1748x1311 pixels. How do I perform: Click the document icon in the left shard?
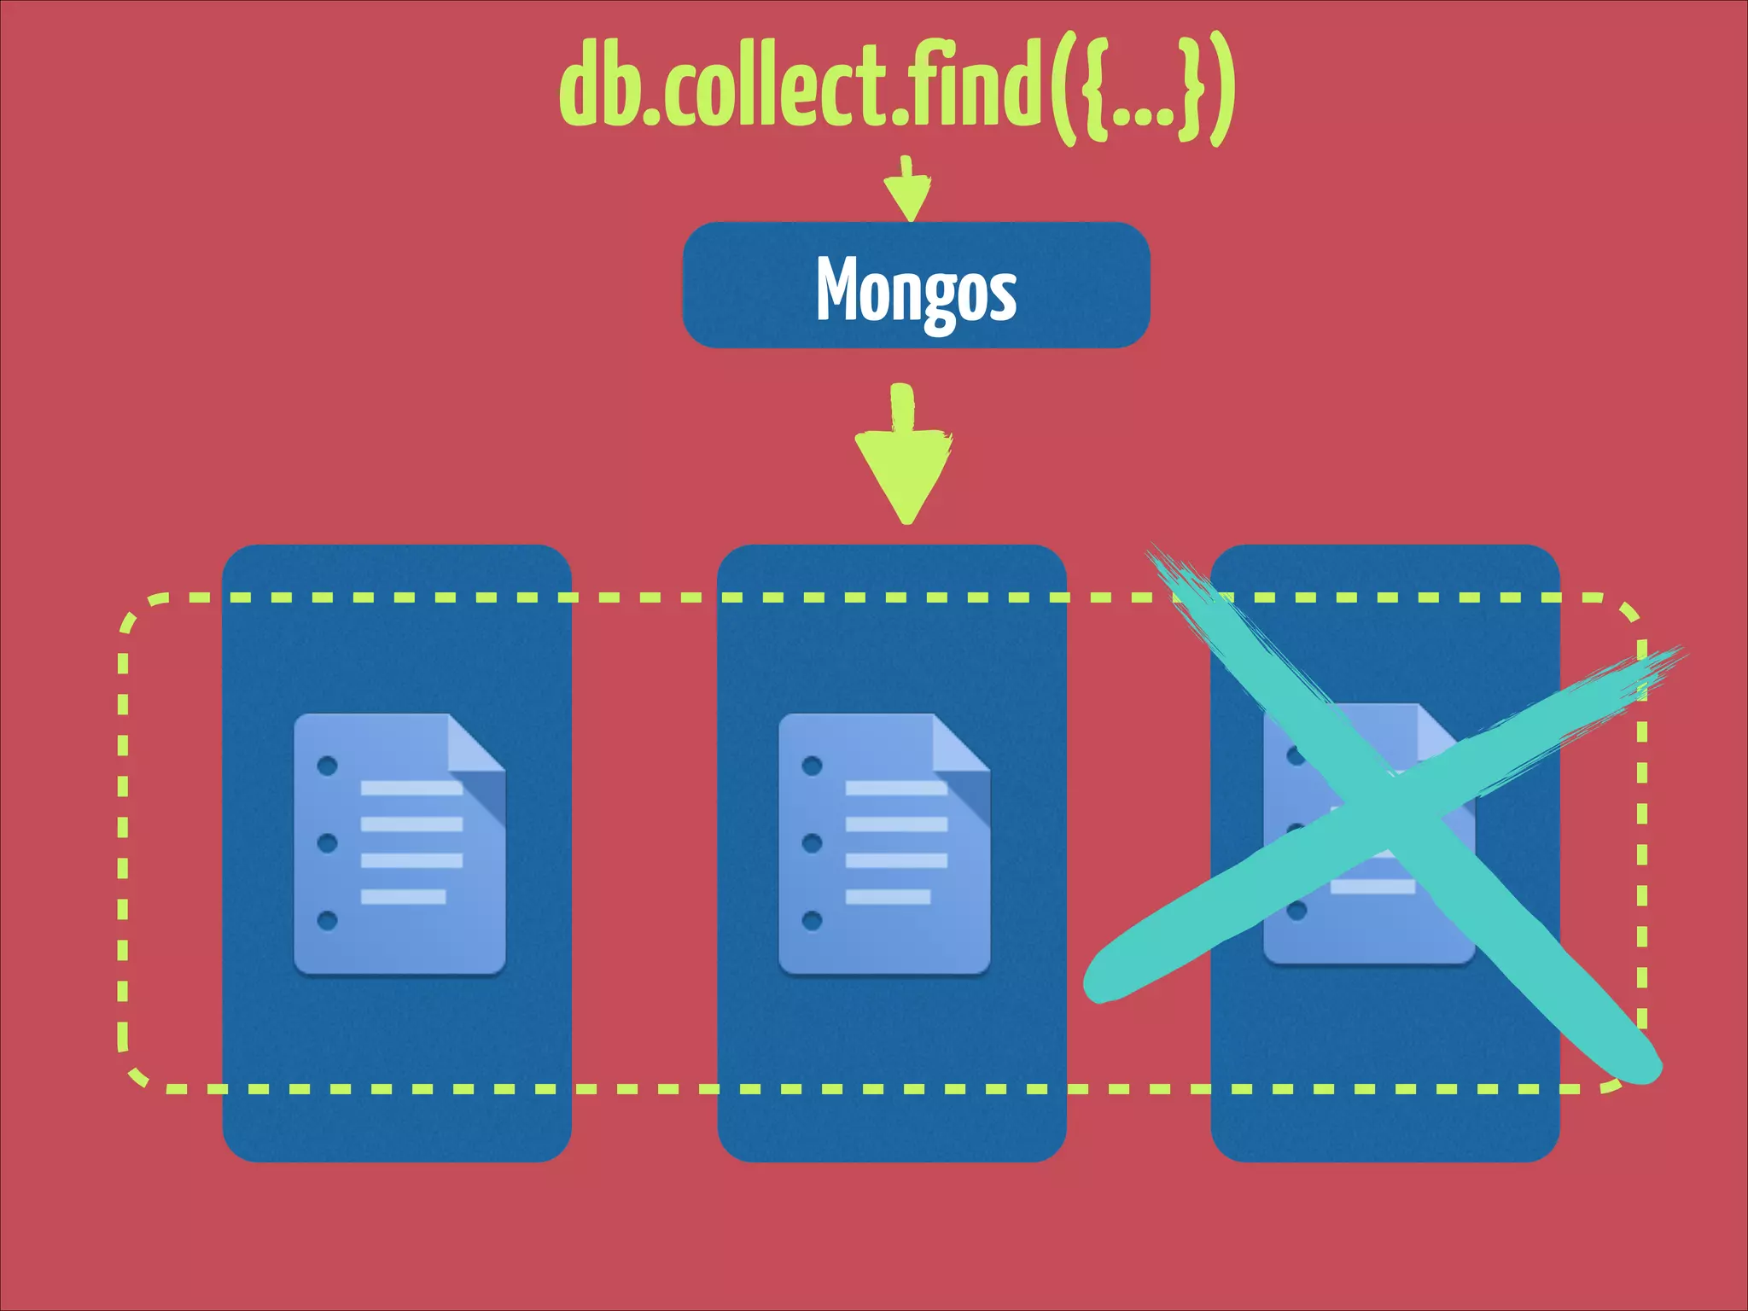point(399,843)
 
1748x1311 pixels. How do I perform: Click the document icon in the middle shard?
point(883,843)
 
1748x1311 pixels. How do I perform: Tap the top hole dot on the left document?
point(327,766)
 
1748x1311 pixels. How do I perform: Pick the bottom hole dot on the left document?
point(327,920)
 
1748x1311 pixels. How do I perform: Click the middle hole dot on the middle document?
point(812,843)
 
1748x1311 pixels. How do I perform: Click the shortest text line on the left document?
point(403,896)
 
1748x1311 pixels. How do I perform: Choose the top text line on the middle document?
point(896,787)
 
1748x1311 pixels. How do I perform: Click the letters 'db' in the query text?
point(597,85)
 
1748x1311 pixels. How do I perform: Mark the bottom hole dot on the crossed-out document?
point(1296,911)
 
